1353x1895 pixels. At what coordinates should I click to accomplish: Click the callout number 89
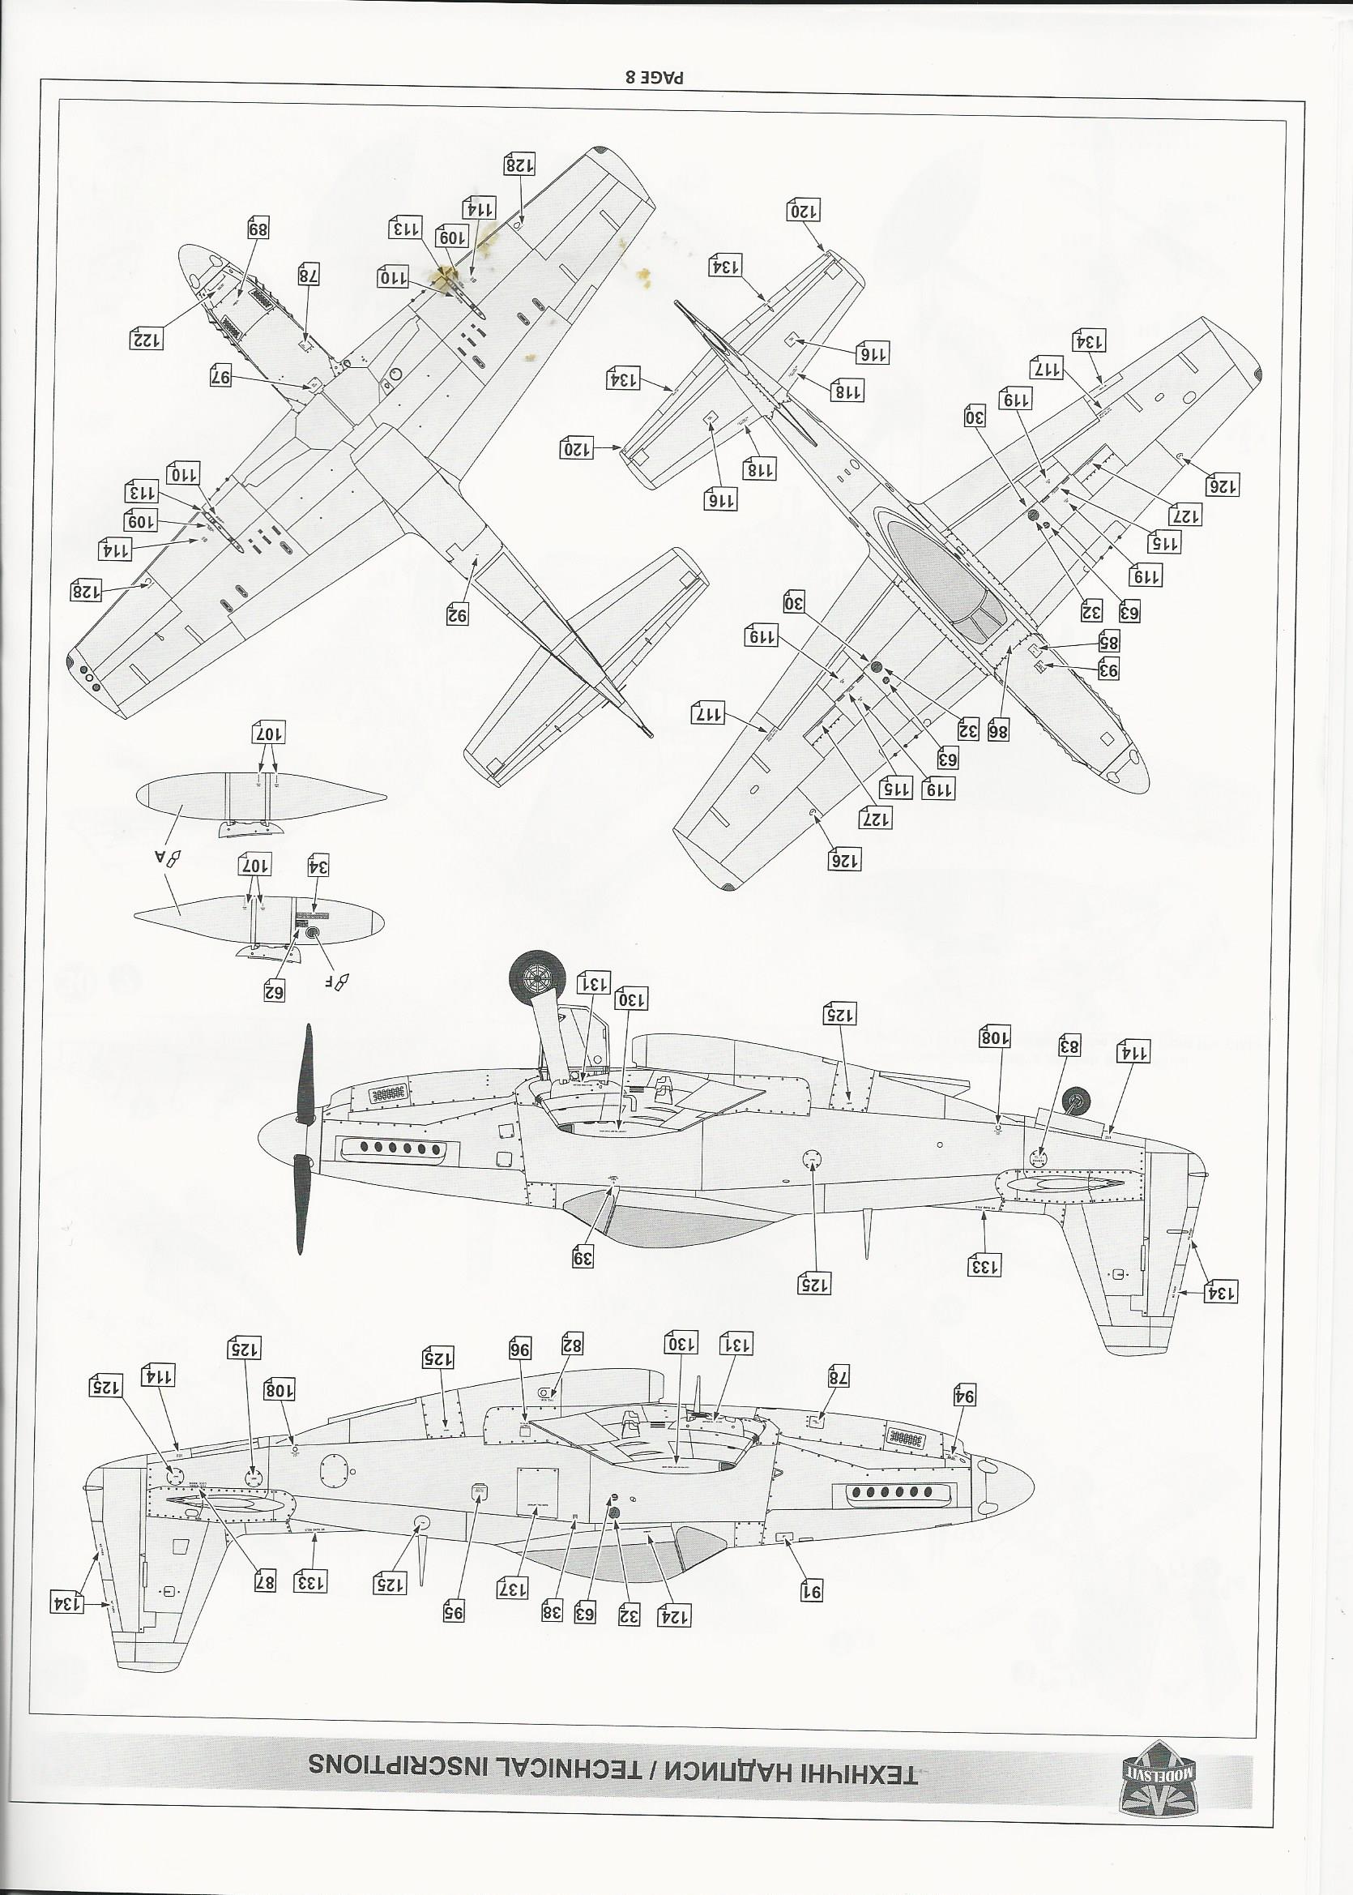260,229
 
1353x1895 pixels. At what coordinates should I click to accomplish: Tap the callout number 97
223,376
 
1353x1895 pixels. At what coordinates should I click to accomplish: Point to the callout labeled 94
964,1396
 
